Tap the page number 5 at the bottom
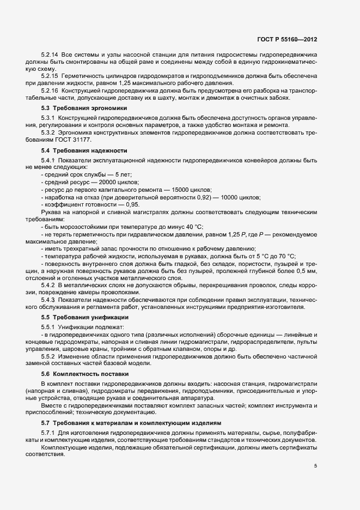(316, 466)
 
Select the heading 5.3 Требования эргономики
(80, 108)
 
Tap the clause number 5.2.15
(50, 75)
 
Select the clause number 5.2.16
(50, 89)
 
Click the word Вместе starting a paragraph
(51, 406)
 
